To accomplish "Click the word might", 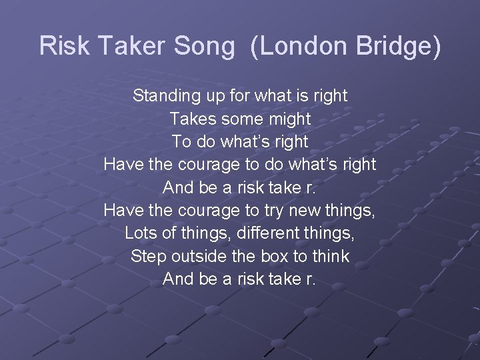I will click(x=289, y=119).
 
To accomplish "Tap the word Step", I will click(x=149, y=257).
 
